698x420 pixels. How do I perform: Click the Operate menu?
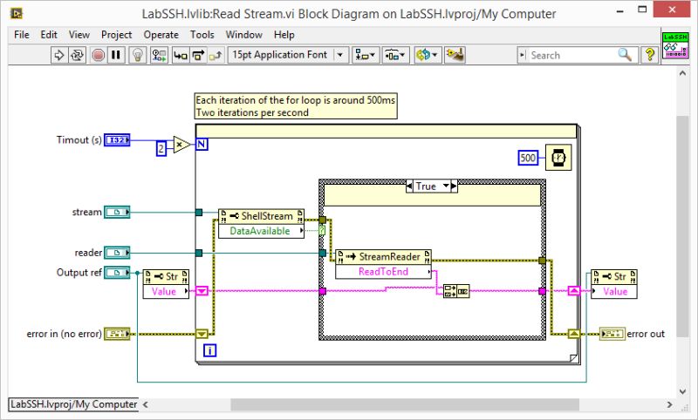point(161,35)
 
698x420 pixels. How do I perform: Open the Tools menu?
point(202,35)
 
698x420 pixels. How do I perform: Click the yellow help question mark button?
point(650,55)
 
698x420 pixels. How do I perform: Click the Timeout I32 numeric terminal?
point(117,139)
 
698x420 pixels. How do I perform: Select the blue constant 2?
point(161,149)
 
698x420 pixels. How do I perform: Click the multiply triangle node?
point(181,145)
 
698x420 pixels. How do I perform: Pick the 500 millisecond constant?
point(527,158)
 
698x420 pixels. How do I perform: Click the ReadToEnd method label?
point(387,272)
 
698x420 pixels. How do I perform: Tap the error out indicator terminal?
point(612,334)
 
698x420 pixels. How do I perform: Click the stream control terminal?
point(116,212)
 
